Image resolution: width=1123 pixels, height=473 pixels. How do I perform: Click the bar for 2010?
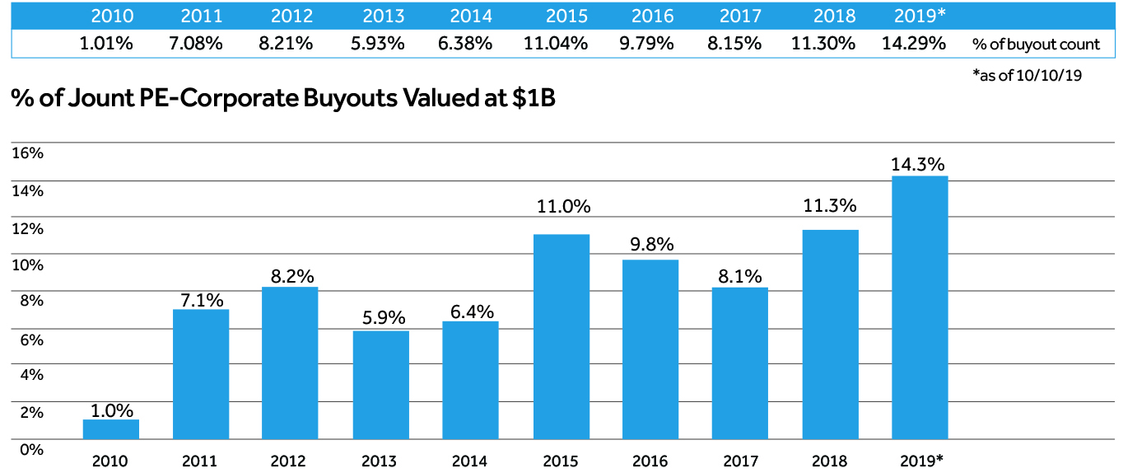point(111,429)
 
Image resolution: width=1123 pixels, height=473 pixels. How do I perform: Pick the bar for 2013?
point(381,385)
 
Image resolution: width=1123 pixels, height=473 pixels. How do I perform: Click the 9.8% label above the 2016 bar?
point(650,245)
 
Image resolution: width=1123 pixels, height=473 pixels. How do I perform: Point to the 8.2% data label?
point(290,275)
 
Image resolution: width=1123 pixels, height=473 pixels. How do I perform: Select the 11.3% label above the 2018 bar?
point(830,205)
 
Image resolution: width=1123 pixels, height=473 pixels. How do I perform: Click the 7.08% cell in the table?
point(196,44)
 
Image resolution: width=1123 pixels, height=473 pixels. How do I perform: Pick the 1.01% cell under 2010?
point(106,44)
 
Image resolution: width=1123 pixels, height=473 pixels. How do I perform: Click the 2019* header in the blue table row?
point(919,16)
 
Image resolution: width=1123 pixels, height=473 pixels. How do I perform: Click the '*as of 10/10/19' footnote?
point(1027,75)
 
